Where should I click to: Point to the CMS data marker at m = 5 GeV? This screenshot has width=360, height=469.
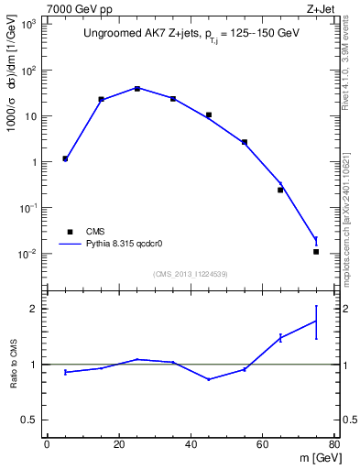tap(65, 158)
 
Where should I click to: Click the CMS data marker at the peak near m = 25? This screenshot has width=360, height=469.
tap(137, 88)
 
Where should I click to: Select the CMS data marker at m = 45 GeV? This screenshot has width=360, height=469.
tap(209, 115)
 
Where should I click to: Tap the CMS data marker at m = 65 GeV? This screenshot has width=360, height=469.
tap(280, 190)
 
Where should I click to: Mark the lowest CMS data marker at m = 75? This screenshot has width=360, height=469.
tap(316, 251)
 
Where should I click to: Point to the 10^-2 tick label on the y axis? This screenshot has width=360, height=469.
tap(26, 255)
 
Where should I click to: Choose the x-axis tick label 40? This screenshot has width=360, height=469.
tap(191, 445)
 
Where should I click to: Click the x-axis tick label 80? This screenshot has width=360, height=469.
tap(334, 445)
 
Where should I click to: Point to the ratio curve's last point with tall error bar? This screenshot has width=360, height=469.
tap(316, 322)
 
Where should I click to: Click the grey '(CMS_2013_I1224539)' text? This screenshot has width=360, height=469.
tap(190, 273)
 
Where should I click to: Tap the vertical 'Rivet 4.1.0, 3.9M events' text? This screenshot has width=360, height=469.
tap(352, 73)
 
